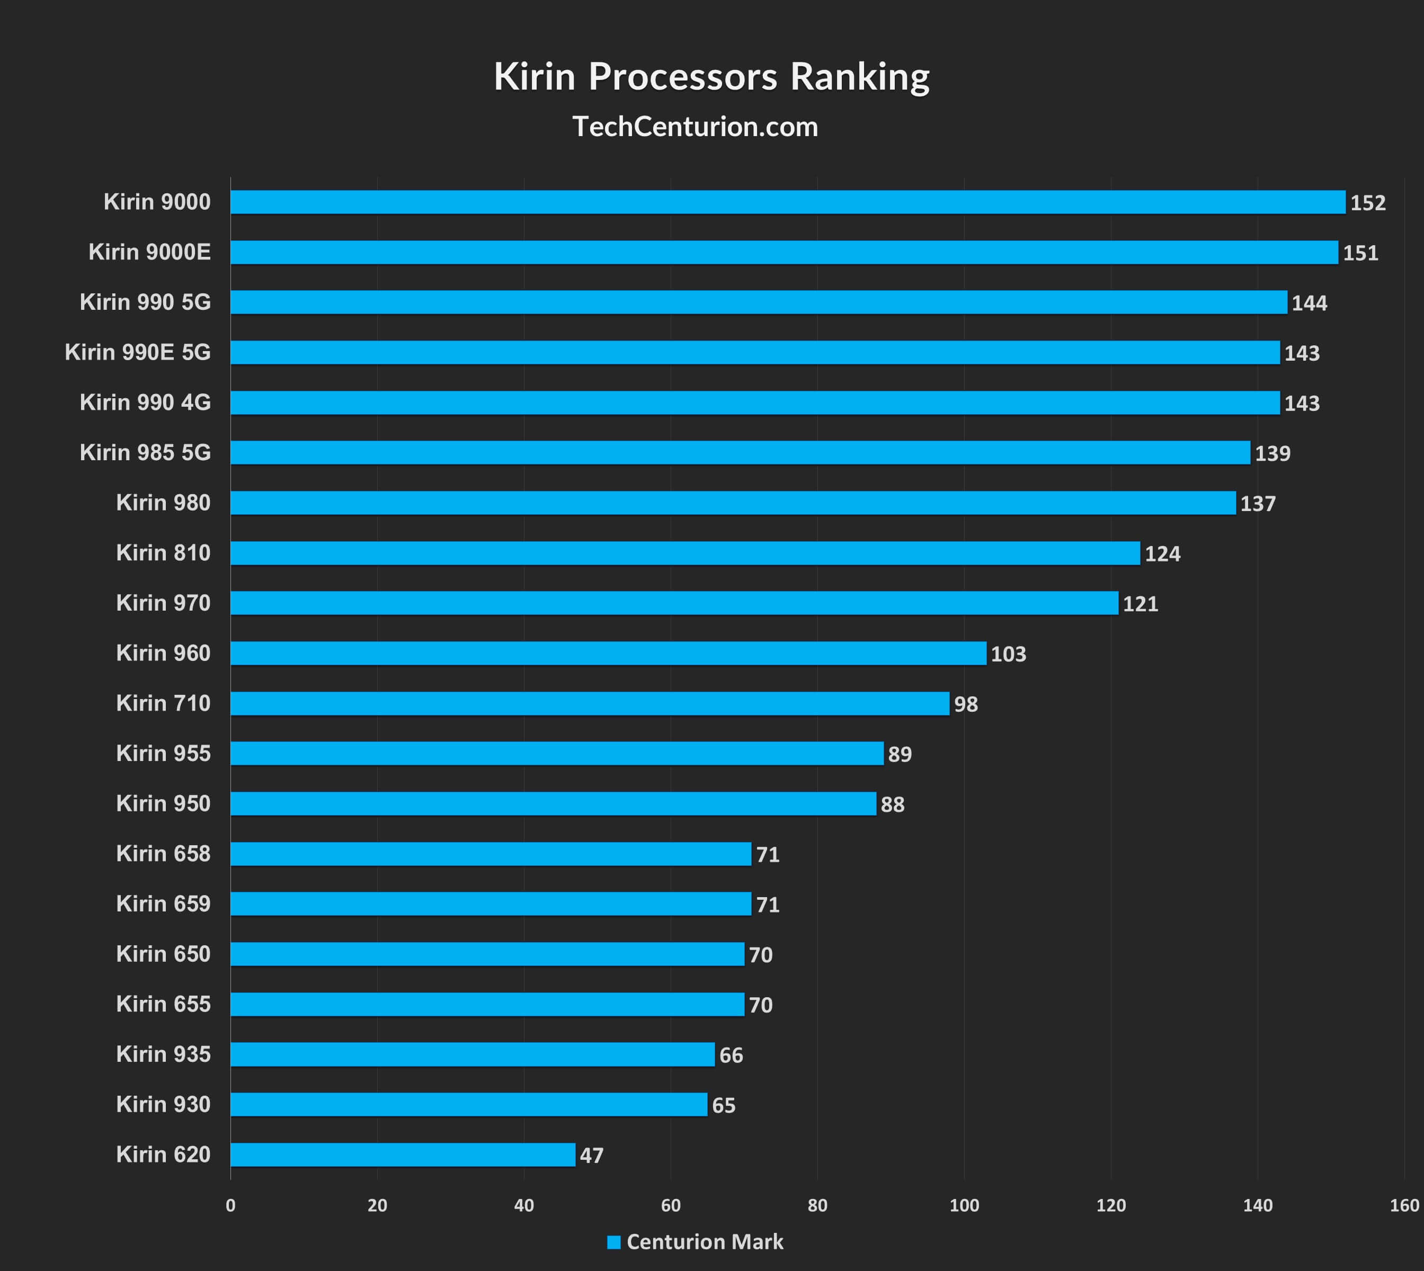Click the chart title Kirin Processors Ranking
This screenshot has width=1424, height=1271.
point(711,77)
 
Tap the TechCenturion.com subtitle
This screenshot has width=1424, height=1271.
point(695,127)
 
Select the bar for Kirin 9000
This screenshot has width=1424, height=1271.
point(787,202)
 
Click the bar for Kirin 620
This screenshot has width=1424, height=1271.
point(403,1154)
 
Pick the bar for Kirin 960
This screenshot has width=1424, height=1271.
point(608,653)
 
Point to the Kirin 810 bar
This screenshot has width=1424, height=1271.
point(685,553)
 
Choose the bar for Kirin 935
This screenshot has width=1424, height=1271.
point(473,1054)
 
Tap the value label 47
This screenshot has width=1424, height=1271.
point(591,1156)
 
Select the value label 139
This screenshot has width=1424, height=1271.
point(1272,454)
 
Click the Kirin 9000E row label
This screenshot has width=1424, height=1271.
point(149,252)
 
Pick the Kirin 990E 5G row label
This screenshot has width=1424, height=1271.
point(138,352)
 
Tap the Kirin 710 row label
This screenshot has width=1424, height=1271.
point(163,703)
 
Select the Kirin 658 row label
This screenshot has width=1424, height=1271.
point(163,853)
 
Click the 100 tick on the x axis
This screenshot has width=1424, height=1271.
point(964,1205)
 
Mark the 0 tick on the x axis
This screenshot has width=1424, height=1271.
point(230,1205)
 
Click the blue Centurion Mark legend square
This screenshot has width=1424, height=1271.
point(613,1242)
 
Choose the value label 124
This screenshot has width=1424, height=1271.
point(1162,554)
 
